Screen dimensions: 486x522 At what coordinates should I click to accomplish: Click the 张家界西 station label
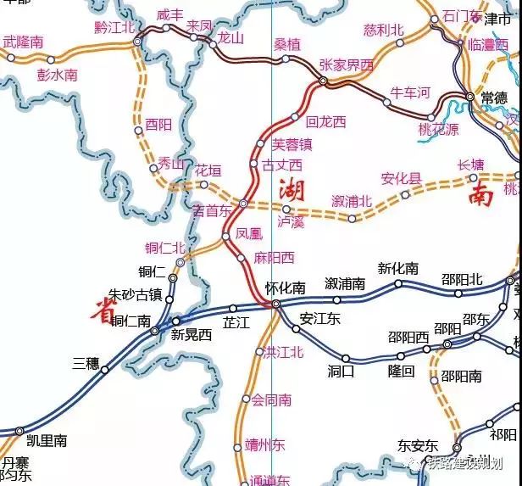346,65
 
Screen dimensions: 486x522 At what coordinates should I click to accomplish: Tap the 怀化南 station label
285,288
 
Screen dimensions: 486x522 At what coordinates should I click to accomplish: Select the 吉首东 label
212,210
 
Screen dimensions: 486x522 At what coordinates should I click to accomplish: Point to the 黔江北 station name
116,27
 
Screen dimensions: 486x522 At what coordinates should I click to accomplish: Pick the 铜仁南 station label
131,321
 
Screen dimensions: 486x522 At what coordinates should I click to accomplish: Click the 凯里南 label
47,440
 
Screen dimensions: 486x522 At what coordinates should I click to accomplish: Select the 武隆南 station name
24,41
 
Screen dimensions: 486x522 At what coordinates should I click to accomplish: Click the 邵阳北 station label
462,279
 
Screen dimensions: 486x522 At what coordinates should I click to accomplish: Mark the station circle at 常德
470,98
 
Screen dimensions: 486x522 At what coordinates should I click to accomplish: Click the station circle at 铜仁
173,277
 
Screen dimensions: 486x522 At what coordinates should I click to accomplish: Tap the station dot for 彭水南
50,60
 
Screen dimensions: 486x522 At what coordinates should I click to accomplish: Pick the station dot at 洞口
346,358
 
